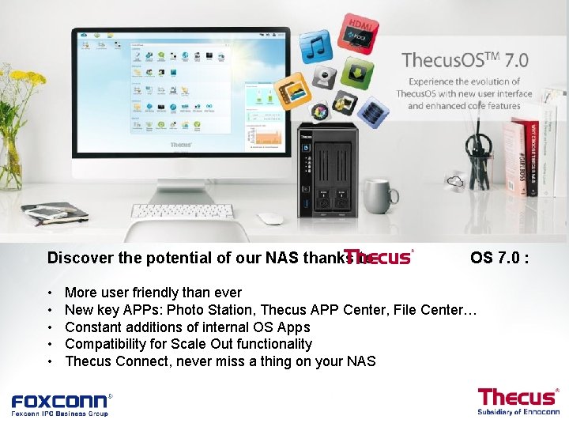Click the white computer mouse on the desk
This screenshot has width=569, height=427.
[x=269, y=218]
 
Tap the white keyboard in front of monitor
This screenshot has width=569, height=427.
[x=182, y=211]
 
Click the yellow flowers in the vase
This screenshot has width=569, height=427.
[x=17, y=87]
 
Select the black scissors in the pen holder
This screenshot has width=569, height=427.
[x=477, y=146]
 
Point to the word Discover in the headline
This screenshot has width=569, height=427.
[x=77, y=258]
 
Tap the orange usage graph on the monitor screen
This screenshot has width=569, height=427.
[x=264, y=139]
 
